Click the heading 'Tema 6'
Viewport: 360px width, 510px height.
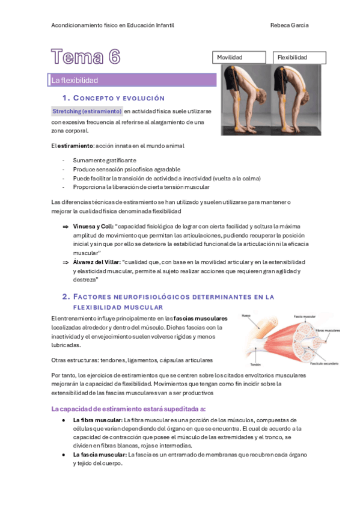[x=86, y=57]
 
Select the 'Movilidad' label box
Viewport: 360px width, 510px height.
[x=240, y=57]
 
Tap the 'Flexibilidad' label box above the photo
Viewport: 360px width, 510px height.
[x=299, y=57]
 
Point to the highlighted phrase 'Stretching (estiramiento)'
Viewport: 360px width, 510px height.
[x=87, y=112]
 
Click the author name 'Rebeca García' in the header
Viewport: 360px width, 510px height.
[x=290, y=25]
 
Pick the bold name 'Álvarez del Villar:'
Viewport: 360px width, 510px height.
[x=97, y=262]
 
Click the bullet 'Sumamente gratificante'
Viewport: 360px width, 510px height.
[x=105, y=161]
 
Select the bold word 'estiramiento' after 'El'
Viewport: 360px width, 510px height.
[x=75, y=146]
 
